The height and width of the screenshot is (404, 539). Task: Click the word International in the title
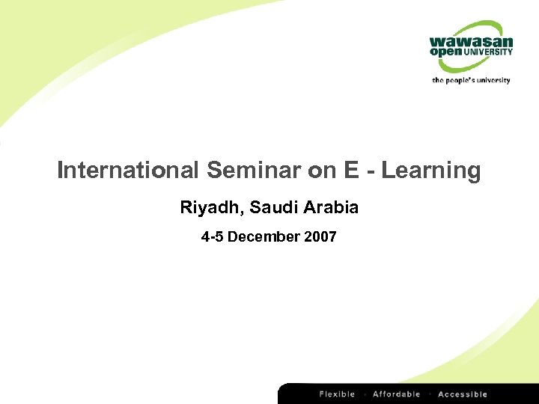click(128, 171)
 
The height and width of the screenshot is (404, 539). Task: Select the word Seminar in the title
click(254, 171)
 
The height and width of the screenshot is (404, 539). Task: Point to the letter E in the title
click(352, 171)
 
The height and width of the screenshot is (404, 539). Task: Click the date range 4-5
click(212, 237)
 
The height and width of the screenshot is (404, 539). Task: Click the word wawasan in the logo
click(471, 42)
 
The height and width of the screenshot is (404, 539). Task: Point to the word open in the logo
click(446, 52)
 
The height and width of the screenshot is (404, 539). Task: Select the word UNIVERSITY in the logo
click(488, 52)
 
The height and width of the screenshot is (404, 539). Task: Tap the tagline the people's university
click(471, 79)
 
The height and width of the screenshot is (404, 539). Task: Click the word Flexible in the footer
click(337, 394)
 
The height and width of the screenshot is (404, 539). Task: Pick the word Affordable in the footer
click(396, 394)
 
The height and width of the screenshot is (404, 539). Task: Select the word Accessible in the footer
click(463, 394)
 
